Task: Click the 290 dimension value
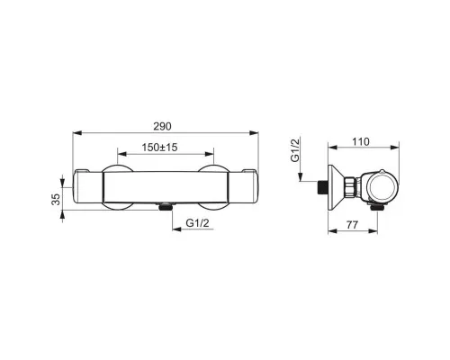[162, 126]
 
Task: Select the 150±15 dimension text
[159, 148]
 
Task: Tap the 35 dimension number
[56, 199]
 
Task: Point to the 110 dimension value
[360, 141]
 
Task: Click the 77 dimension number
[352, 225]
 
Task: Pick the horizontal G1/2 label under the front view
[197, 223]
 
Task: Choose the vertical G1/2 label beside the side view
[295, 150]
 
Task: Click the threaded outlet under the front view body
[165, 206]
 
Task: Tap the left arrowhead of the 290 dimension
[77, 133]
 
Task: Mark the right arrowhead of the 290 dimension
[254, 133]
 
